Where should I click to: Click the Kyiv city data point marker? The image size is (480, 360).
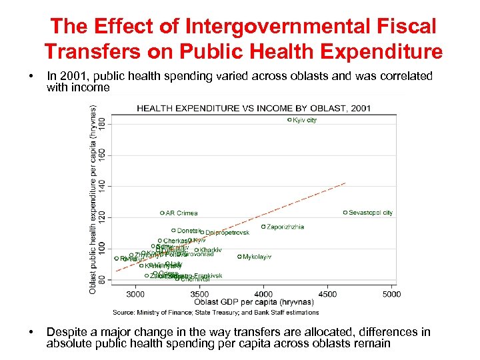coord(289,120)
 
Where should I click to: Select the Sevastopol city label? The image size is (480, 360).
coord(371,213)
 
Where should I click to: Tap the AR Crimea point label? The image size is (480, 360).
coord(181,213)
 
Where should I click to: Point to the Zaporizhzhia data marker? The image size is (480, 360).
coord(263,227)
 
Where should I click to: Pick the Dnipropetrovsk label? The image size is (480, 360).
coord(227,233)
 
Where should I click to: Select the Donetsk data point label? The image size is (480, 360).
coord(189,231)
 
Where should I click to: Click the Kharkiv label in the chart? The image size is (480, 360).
coord(211,250)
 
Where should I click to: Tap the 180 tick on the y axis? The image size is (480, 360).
coord(102,124)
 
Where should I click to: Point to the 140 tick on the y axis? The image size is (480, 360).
coord(102,185)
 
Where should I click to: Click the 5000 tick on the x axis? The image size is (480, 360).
coord(391,294)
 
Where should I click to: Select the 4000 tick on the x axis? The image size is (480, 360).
coord(263,294)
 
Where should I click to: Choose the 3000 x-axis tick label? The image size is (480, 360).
coord(135,294)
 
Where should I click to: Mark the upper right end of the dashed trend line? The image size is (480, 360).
coord(345,183)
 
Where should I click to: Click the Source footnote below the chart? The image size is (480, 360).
coord(215,312)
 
